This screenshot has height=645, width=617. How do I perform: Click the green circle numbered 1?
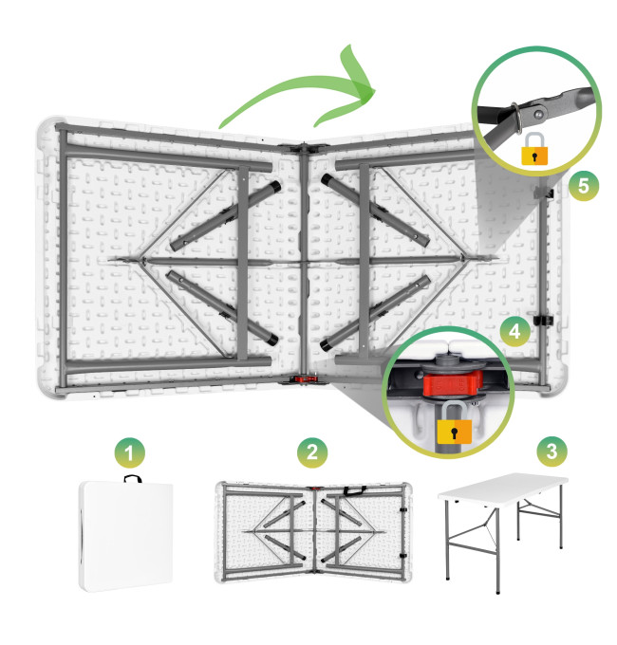point(130,452)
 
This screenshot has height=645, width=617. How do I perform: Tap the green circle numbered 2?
point(312,452)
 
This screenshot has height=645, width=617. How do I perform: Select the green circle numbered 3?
point(552,451)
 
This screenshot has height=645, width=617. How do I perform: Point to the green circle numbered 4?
point(514,331)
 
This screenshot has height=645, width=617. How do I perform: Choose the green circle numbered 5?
point(584,186)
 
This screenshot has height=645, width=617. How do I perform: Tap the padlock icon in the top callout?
point(534,149)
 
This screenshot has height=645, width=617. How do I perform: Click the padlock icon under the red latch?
point(454,423)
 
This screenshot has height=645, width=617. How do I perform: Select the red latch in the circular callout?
point(452,383)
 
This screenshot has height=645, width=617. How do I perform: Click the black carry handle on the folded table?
point(133,477)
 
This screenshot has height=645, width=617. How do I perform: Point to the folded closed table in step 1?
point(125,537)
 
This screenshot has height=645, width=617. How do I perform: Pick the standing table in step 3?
point(503,532)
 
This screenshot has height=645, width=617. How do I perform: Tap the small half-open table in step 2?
point(313,532)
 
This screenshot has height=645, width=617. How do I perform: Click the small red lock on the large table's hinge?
point(304,379)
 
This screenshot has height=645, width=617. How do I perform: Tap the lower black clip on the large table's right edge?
point(543,320)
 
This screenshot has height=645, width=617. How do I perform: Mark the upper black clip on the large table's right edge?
point(544,193)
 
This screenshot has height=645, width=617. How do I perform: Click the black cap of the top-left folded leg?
point(275,186)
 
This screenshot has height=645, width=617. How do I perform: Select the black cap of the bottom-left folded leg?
point(272,340)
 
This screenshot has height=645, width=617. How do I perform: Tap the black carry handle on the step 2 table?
point(354,490)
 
